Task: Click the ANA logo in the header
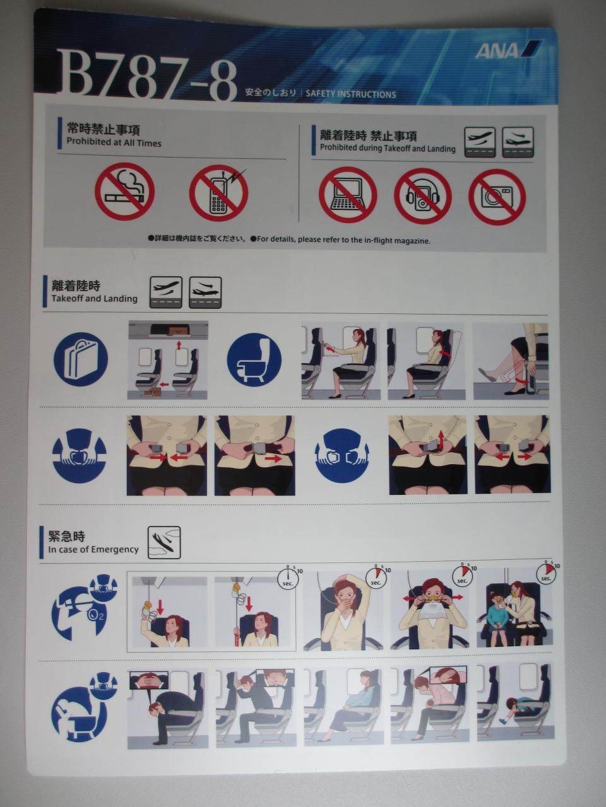click(x=508, y=50)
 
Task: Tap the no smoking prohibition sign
click(x=125, y=192)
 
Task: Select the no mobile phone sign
click(x=219, y=193)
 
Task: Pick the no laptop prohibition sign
click(x=348, y=195)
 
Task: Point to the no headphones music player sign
click(x=423, y=196)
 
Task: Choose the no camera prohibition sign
click(x=497, y=197)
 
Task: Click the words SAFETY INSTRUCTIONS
click(x=350, y=95)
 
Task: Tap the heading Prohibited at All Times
click(x=114, y=143)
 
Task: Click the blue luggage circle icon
click(x=81, y=359)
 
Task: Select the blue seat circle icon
click(x=254, y=359)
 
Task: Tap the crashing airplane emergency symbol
click(x=164, y=542)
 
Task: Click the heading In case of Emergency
click(x=93, y=550)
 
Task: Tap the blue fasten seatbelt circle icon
click(x=80, y=456)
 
